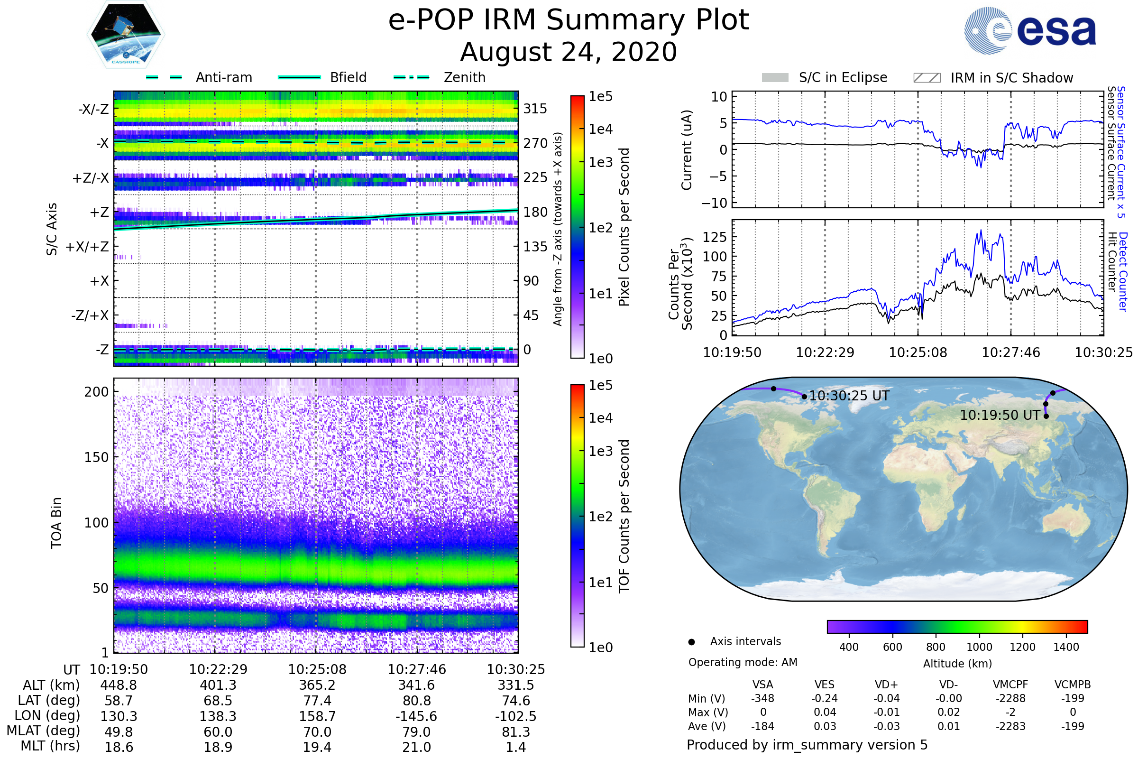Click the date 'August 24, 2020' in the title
coord(569,52)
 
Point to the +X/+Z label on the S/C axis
coord(87,247)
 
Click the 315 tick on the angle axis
coord(535,109)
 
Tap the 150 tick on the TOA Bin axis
coord(96,457)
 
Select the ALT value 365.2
coord(317,685)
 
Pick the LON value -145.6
coord(417,716)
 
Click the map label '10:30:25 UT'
coord(849,396)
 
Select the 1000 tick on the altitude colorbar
coord(979,647)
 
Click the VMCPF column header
coord(1010,685)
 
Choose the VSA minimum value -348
coord(762,698)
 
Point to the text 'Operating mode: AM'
coord(743,662)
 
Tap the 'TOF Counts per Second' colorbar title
coord(624,516)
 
